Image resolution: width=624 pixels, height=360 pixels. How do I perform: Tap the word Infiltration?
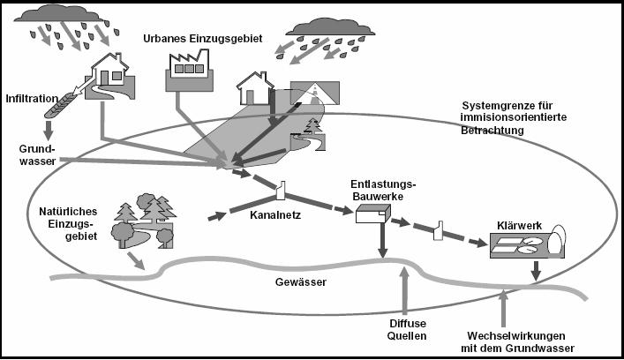pyautogui.click(x=31, y=97)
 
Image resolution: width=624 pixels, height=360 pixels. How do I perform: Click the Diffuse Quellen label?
pyautogui.click(x=407, y=329)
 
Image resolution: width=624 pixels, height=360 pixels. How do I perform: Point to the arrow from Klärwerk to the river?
pyautogui.click(x=534, y=276)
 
